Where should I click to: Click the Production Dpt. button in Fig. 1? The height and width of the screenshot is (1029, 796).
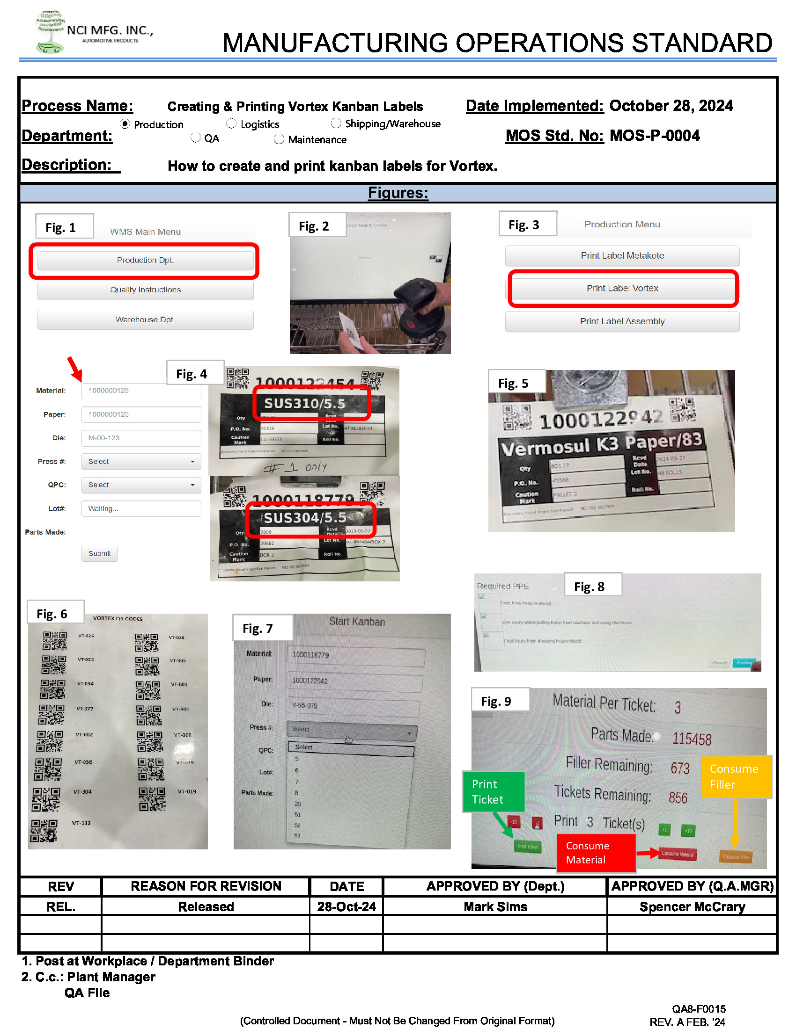tap(145, 261)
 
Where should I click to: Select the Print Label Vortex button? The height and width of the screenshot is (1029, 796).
tap(622, 288)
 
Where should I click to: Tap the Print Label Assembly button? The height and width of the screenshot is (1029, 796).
tap(622, 321)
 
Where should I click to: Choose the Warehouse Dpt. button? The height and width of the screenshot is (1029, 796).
tap(145, 320)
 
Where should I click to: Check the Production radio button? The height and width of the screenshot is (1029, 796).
tap(125, 124)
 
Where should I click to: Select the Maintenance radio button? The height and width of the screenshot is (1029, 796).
tap(279, 139)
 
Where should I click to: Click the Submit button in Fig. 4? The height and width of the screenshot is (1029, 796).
tap(99, 554)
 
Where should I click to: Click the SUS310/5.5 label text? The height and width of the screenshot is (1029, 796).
tap(304, 404)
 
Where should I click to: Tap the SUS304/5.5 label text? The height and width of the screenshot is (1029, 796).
tap(305, 518)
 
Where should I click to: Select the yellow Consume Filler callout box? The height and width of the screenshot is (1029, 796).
tap(735, 776)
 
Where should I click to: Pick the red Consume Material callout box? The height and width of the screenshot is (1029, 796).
tap(595, 853)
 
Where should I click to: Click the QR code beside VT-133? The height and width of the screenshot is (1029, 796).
tap(44, 830)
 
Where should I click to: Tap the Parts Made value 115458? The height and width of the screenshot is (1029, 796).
tap(692, 739)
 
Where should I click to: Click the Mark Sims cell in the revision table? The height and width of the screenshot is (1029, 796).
tap(495, 906)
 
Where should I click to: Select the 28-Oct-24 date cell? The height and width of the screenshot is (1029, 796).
tap(346, 906)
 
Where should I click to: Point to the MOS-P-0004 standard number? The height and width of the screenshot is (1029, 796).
tap(655, 136)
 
